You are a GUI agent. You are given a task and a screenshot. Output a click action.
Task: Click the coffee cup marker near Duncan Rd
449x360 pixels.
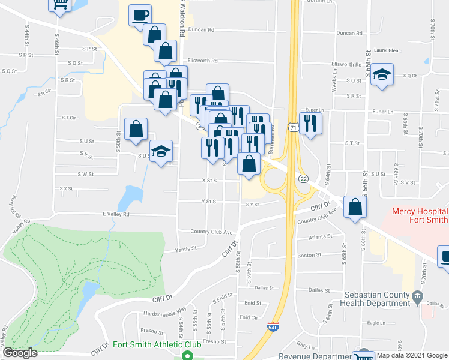(x=140, y=15)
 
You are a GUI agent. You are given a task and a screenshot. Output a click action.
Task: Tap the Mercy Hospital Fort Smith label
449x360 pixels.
(x=419, y=216)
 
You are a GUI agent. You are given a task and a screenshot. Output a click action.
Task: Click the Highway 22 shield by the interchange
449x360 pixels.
(x=304, y=179)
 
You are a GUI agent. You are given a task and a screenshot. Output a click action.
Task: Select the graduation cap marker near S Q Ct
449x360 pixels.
(x=382, y=76)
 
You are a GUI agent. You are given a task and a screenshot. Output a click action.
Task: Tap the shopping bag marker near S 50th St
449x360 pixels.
(x=136, y=129)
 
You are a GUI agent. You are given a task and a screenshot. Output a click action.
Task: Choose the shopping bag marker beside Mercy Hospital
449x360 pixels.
(x=356, y=207)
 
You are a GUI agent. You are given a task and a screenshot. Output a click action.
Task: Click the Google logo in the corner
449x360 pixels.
(x=20, y=353)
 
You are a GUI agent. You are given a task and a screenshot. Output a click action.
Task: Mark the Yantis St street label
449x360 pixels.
(x=169, y=250)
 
